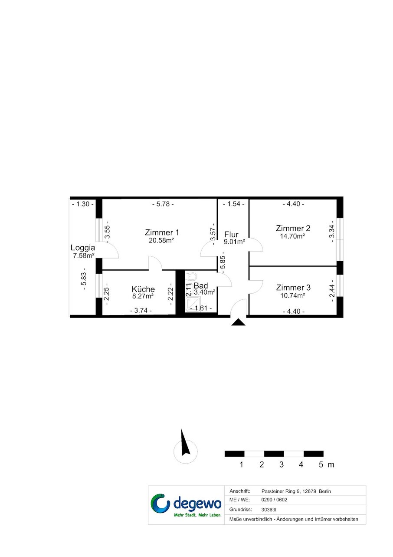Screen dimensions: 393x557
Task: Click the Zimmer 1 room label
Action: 162,232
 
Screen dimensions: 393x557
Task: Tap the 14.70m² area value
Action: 292,236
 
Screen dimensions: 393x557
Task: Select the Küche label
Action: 143,289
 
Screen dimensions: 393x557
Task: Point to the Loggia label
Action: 83,248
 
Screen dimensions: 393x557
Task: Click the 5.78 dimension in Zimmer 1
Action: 163,204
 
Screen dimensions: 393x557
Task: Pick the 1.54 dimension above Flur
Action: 234,204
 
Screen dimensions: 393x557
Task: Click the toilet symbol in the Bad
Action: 193,276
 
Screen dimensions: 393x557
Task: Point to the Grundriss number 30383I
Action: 269,510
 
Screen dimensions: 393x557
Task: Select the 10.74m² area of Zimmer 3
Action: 292,295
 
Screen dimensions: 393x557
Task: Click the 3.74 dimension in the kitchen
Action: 141,310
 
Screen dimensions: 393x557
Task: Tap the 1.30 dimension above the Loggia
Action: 83,204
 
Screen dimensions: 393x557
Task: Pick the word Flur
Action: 231,235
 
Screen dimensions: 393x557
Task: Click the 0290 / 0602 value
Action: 274,500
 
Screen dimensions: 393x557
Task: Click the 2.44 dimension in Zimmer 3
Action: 332,290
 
